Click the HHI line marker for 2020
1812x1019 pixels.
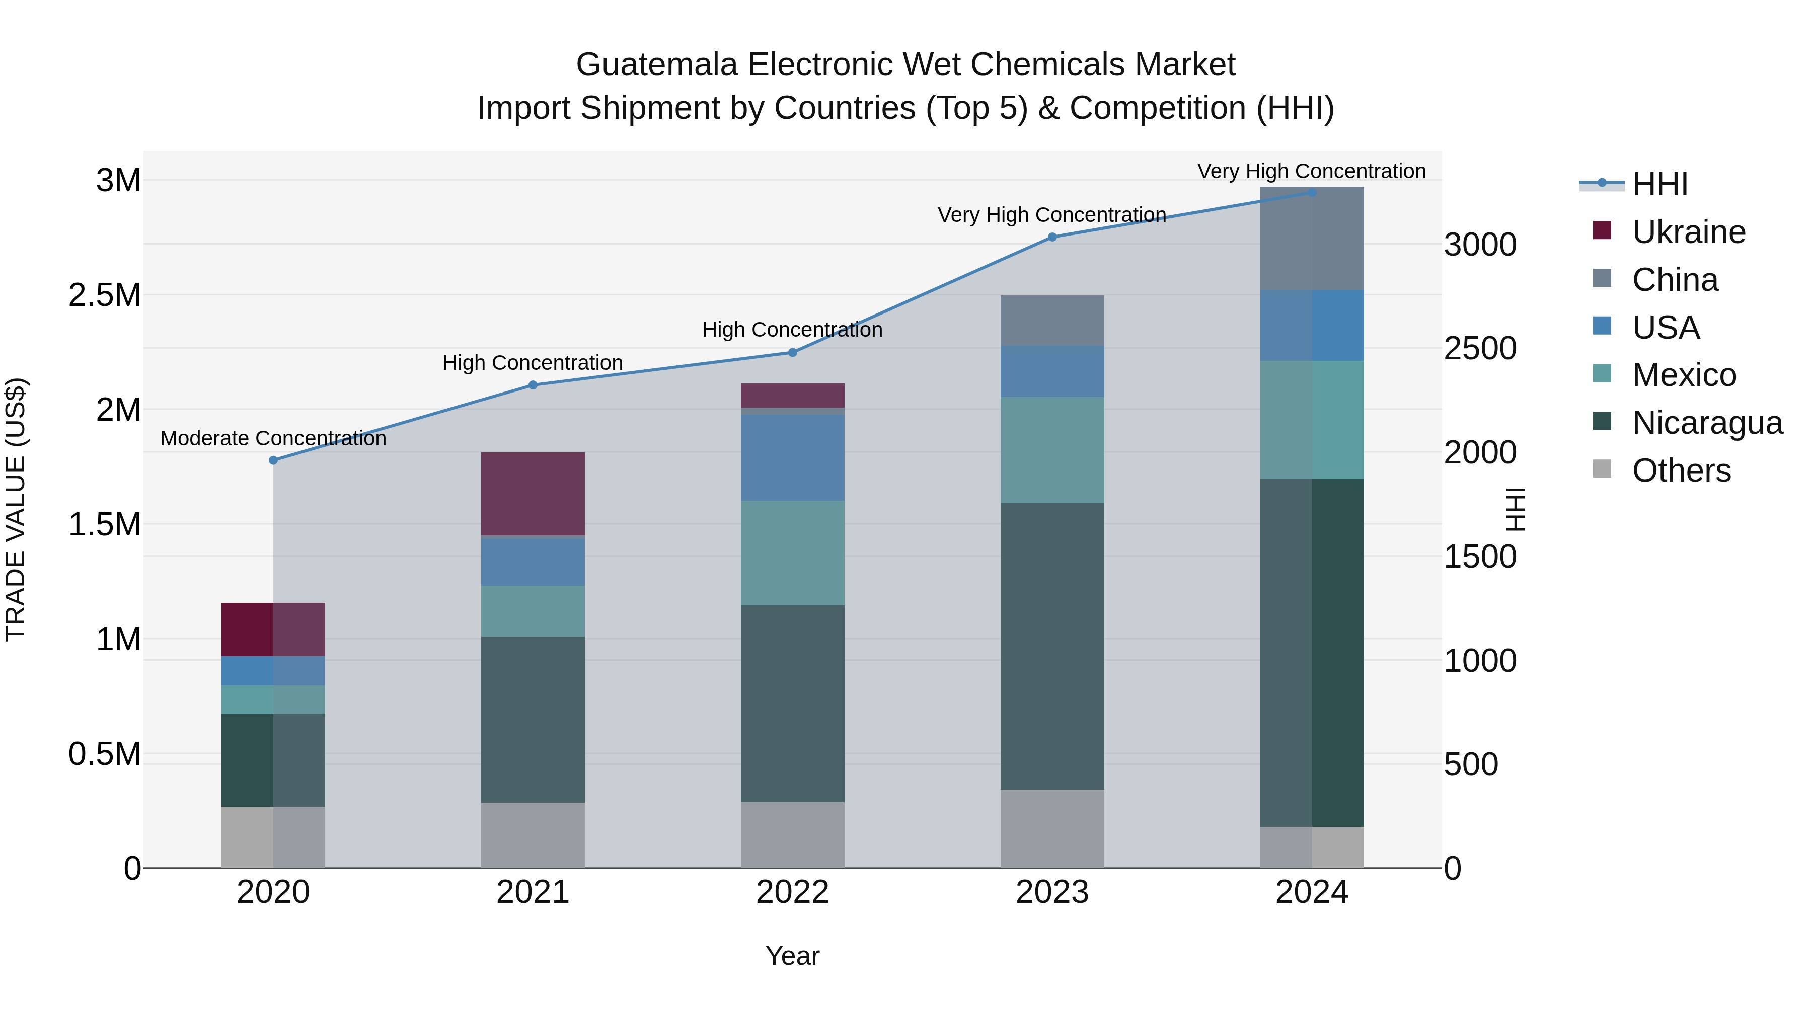click(274, 460)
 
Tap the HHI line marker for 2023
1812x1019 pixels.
click(1052, 237)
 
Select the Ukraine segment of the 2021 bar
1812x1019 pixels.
click(533, 494)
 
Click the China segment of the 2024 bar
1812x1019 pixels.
click(1312, 239)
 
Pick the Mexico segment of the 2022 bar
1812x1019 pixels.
click(792, 553)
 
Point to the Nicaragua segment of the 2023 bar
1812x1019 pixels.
click(1052, 646)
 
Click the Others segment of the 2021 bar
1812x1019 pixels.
click(533, 835)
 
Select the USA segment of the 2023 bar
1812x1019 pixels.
click(1052, 371)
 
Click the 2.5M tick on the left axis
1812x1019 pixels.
click(104, 295)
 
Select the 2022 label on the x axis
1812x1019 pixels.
click(792, 892)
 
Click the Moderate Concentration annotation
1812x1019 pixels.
click(274, 438)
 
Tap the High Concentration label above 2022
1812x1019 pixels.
click(792, 329)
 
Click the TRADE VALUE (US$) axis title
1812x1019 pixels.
click(16, 509)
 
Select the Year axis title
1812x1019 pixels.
click(792, 956)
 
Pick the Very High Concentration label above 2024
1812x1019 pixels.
click(1311, 171)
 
